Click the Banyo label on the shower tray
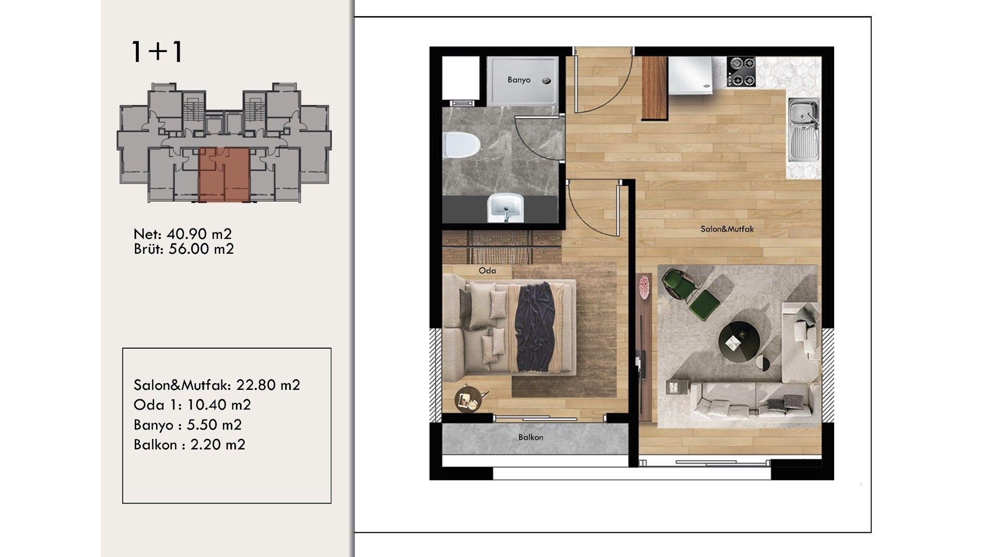519,80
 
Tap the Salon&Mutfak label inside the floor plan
727,229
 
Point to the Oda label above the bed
487,270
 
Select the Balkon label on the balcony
531,437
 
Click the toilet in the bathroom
461,146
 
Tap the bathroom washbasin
506,207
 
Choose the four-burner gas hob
741,72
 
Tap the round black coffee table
739,342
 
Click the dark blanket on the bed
537,327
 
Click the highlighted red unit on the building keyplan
225,174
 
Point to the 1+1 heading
157,52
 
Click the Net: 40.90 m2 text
183,234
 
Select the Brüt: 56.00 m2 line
184,249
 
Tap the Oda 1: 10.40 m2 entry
192,405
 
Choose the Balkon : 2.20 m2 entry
189,445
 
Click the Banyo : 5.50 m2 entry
187,424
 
